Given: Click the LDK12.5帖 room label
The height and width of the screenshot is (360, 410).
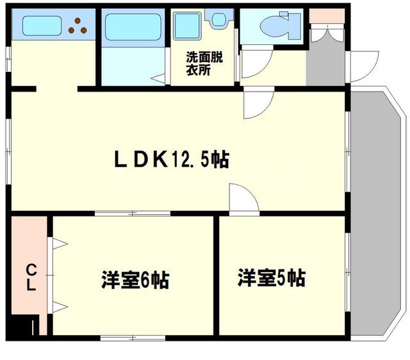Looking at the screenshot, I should [171, 158].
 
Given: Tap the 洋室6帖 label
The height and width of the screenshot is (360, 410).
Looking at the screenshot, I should [135, 280].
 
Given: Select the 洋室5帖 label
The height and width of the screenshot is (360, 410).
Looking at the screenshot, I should [271, 278].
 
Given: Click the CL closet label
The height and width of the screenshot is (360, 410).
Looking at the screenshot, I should [30, 277].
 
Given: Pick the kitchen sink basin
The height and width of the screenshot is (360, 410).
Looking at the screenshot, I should [42, 27].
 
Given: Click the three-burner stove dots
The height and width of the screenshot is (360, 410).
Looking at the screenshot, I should [79, 25].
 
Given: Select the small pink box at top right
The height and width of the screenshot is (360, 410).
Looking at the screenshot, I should [326, 17].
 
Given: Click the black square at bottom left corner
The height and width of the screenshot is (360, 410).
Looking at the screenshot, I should [25, 327].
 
